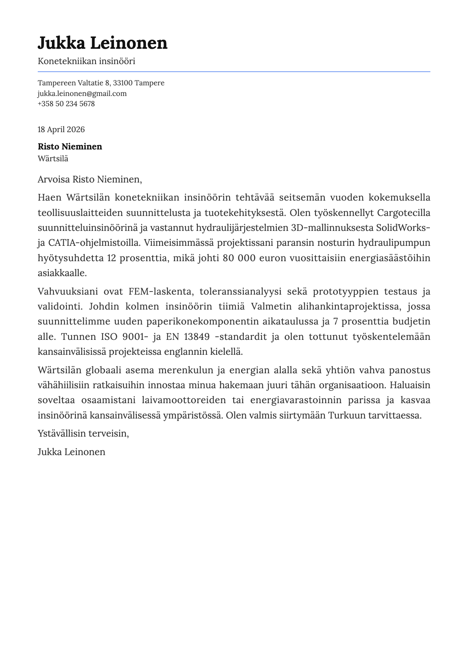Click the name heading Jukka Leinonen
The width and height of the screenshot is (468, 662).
[x=102, y=43]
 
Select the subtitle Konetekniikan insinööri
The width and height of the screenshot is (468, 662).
[x=86, y=61]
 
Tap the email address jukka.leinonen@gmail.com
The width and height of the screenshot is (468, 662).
[x=82, y=93]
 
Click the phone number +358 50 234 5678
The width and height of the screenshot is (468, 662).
[x=66, y=103]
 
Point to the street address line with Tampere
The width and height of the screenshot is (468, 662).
[x=101, y=83]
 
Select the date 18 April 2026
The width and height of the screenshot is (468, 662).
[x=61, y=129]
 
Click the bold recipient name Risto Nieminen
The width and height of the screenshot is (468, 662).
[x=70, y=146]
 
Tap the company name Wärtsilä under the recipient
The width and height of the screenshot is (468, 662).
[x=53, y=159]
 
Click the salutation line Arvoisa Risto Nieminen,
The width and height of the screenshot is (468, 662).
[x=89, y=179]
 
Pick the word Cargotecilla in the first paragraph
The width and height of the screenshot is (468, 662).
[x=404, y=213]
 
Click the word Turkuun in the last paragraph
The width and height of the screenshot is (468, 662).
[x=344, y=415]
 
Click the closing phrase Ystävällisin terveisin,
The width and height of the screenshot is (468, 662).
[x=83, y=433]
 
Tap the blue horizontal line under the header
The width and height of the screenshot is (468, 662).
[x=234, y=72]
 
